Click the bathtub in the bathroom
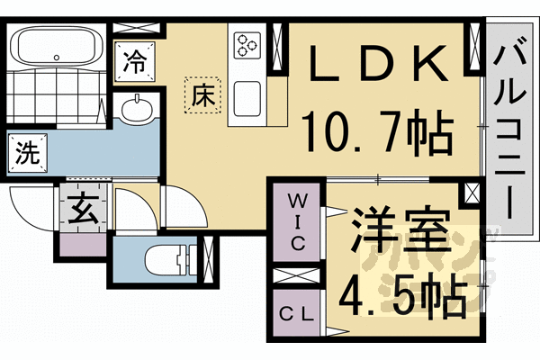(x=56, y=46)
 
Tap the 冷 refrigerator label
(x=134, y=62)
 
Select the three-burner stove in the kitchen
(x=247, y=43)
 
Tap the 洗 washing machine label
(x=28, y=152)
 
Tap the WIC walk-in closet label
(x=298, y=221)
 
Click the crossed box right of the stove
(x=276, y=42)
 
